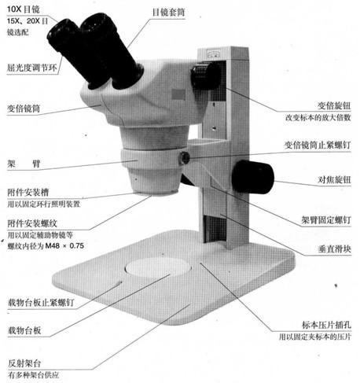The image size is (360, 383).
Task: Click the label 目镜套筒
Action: point(169,13)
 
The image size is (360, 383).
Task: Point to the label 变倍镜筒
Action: point(23,109)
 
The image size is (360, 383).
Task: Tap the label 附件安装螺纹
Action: point(31,223)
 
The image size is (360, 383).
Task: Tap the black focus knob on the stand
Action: point(252,176)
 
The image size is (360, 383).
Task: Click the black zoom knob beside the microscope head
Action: point(206,76)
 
